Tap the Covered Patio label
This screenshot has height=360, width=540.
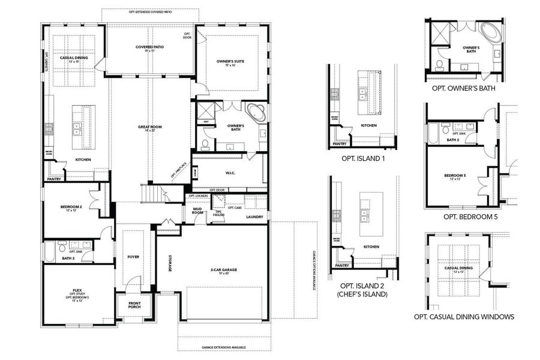click(149, 49)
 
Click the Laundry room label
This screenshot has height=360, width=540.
click(255, 217)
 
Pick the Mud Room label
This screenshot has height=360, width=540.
click(197, 211)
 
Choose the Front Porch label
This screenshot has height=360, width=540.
click(134, 305)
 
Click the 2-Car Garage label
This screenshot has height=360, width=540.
click(224, 272)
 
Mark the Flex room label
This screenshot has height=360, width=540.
click(77, 293)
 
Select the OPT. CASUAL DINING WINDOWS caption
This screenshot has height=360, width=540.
click(464, 317)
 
